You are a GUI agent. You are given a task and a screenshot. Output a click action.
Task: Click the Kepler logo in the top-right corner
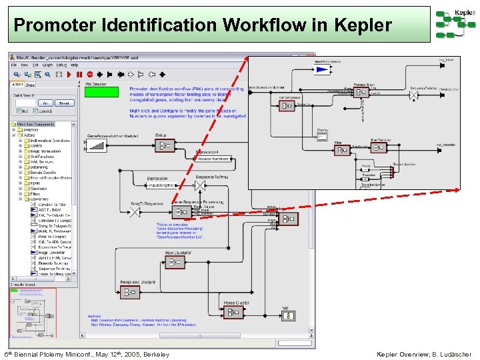point(456,24)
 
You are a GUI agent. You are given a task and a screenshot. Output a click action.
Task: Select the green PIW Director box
point(101,93)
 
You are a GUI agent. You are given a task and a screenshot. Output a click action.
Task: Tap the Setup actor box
point(165,145)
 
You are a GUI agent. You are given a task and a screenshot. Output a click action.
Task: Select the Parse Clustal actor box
point(235,312)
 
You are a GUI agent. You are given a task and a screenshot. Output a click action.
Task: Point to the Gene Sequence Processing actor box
point(181,211)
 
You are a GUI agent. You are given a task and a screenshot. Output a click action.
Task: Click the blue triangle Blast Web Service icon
point(323,69)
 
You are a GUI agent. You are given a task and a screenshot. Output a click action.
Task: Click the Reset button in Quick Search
point(64,103)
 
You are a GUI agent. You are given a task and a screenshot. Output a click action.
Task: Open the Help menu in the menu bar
point(75,65)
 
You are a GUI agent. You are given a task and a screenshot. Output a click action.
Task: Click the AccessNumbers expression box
point(213,159)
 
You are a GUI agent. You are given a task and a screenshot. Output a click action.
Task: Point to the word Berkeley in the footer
point(155,354)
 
